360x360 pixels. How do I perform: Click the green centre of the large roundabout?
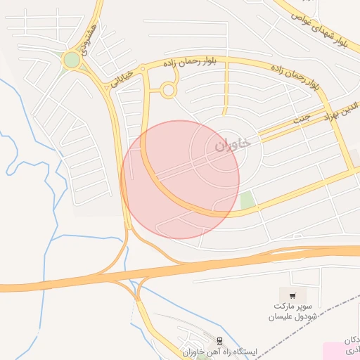(x=72, y=60)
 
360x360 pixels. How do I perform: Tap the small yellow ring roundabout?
(x=168, y=90)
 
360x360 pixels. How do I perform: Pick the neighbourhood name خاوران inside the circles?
(x=232, y=146)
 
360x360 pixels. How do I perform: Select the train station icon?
(x=220, y=340)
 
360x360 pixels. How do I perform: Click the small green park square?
(x=246, y=200)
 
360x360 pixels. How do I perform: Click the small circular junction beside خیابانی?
(x=142, y=69)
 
